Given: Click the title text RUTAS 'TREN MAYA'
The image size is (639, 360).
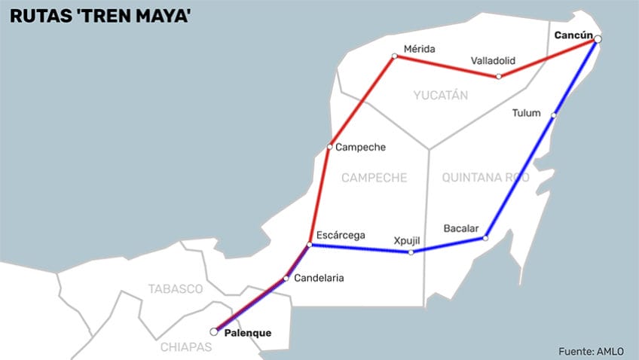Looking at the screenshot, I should [99, 16].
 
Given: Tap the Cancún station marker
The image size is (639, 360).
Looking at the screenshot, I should [598, 39].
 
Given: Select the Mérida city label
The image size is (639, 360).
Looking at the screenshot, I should [419, 49].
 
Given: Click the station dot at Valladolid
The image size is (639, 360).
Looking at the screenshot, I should [499, 76].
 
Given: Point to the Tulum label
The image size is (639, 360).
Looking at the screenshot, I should [526, 113].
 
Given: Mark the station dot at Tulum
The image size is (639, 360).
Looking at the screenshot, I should [554, 115].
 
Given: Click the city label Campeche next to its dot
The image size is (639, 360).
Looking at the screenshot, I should [360, 147].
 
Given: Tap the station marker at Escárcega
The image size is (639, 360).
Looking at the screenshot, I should [310, 244].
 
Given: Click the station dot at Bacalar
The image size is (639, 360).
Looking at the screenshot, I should [485, 238].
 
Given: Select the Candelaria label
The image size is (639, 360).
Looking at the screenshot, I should [319, 278].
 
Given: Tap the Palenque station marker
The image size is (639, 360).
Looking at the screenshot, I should [214, 331].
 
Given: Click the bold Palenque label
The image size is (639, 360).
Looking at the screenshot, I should [248, 333].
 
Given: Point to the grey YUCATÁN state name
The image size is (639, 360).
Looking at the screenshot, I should [441, 95].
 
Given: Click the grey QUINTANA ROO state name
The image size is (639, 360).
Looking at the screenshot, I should [485, 178].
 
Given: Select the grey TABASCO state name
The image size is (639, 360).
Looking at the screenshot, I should [176, 288].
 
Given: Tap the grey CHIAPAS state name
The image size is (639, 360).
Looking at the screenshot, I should [187, 347].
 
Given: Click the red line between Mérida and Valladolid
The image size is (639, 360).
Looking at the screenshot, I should [446, 66].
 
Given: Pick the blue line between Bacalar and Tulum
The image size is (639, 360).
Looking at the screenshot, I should [520, 176].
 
